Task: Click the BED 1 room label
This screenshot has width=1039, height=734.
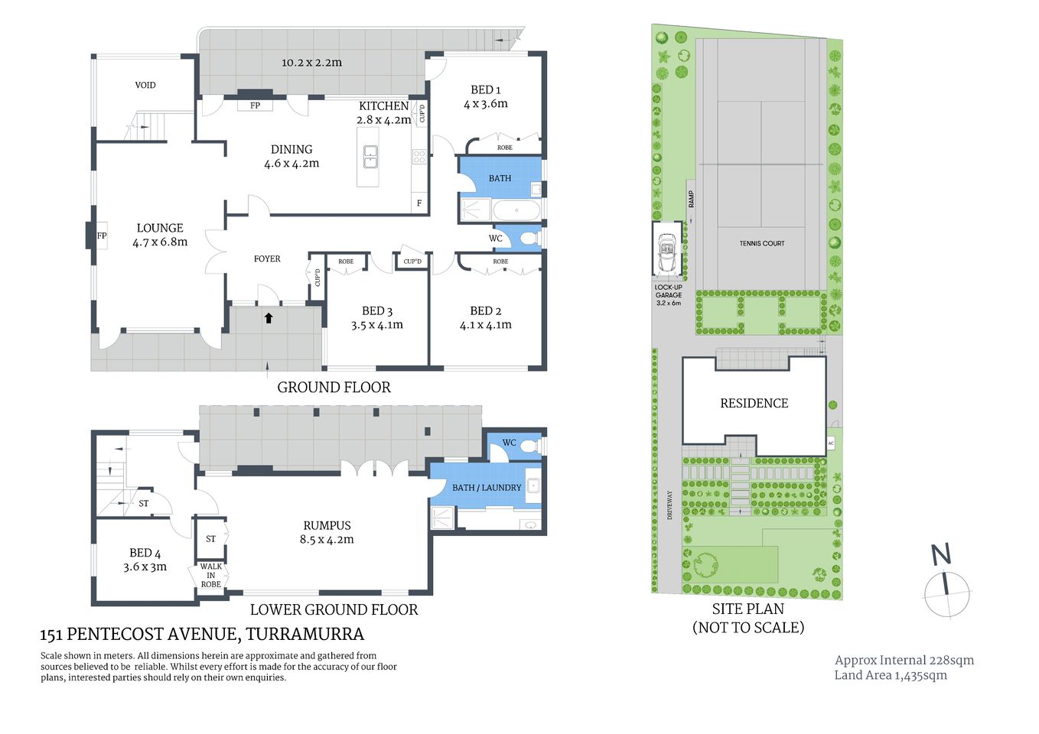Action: pyautogui.click(x=485, y=90)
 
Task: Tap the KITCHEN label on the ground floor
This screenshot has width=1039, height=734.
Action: pyautogui.click(x=383, y=106)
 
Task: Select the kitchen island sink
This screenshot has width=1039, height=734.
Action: pyautogui.click(x=370, y=157)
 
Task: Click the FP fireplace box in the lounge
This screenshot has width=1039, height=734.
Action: pyautogui.click(x=100, y=235)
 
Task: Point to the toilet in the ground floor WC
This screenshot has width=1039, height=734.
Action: pyautogui.click(x=528, y=239)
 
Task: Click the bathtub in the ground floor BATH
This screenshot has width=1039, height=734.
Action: pyautogui.click(x=516, y=210)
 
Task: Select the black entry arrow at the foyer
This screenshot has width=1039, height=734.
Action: pyautogui.click(x=269, y=317)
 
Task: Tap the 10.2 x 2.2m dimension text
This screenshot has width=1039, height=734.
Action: pyautogui.click(x=311, y=63)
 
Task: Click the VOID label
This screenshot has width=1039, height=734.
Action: pyautogui.click(x=145, y=85)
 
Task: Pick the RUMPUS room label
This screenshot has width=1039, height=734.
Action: pyautogui.click(x=327, y=526)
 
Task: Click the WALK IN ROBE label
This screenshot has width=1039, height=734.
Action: pyautogui.click(x=210, y=575)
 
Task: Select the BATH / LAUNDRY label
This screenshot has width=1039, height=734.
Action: pyautogui.click(x=486, y=488)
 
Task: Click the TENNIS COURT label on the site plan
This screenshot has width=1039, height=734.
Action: pyautogui.click(x=761, y=243)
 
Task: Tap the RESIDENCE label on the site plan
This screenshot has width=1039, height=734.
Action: pyautogui.click(x=754, y=404)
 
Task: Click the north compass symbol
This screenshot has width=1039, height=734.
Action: pyautogui.click(x=946, y=588)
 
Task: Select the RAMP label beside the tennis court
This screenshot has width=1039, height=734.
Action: pyautogui.click(x=691, y=200)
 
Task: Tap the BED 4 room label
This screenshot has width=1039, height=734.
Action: pyautogui.click(x=145, y=553)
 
